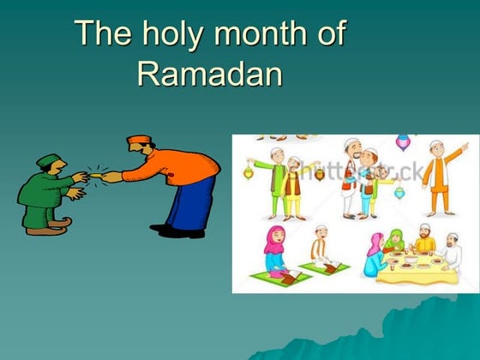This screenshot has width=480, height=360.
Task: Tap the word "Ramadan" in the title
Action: point(209,75)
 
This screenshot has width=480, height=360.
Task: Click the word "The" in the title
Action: point(101,34)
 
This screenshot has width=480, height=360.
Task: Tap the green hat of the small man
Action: point(49,160)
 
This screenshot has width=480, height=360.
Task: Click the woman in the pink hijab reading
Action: point(275,249)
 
